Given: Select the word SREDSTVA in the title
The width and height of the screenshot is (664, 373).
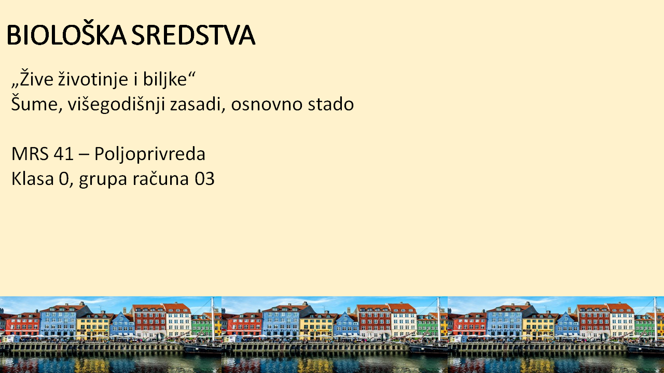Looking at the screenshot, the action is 193,35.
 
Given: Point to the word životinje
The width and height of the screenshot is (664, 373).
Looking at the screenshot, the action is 94,78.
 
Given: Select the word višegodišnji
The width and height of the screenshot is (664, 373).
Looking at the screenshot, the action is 116,104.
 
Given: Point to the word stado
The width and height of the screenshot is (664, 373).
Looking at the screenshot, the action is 331,104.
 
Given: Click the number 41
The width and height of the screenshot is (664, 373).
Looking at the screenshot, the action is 63,154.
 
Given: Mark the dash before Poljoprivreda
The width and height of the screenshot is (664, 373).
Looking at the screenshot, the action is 84,155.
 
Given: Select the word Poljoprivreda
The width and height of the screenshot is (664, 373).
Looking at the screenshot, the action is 150,154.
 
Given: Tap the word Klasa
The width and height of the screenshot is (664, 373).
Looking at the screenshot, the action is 33,179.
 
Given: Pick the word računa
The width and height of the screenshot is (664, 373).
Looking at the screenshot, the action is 160,179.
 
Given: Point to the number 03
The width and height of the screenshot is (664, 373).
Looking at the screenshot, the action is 204,179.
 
